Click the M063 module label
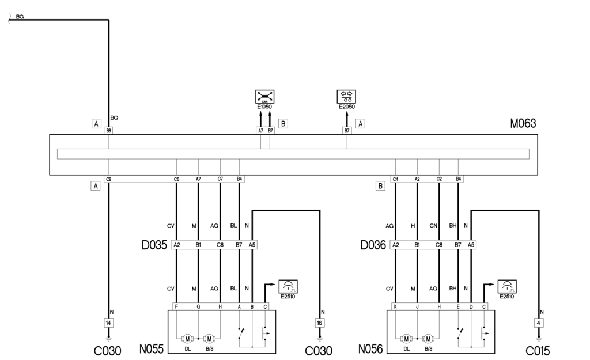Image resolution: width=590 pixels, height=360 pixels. click(x=523, y=123)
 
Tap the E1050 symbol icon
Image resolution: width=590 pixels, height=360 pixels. click(x=265, y=96)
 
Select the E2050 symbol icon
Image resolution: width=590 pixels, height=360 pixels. click(x=347, y=96)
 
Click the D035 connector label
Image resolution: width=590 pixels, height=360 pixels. click(x=154, y=245)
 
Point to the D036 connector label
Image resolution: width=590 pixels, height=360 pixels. click(x=373, y=245)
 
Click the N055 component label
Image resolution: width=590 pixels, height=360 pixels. click(x=152, y=349)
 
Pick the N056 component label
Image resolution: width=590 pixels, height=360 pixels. click(x=370, y=349)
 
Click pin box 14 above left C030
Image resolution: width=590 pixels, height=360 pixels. click(x=108, y=323)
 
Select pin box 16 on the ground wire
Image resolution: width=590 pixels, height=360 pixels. click(x=320, y=323)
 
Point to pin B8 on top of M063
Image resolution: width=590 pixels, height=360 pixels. click(x=108, y=131)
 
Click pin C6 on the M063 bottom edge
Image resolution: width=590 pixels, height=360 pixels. click(x=176, y=179)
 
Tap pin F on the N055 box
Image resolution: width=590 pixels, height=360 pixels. click(x=176, y=307)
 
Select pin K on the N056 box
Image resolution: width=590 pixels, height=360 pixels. click(x=395, y=307)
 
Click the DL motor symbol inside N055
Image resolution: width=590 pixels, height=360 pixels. click(x=187, y=338)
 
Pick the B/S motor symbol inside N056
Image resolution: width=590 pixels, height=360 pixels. click(x=428, y=338)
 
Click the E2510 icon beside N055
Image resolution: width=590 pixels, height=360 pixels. click(x=287, y=286)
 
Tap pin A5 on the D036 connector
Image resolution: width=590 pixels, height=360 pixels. click(x=471, y=245)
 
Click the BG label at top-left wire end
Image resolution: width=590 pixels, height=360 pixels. click(x=20, y=18)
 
